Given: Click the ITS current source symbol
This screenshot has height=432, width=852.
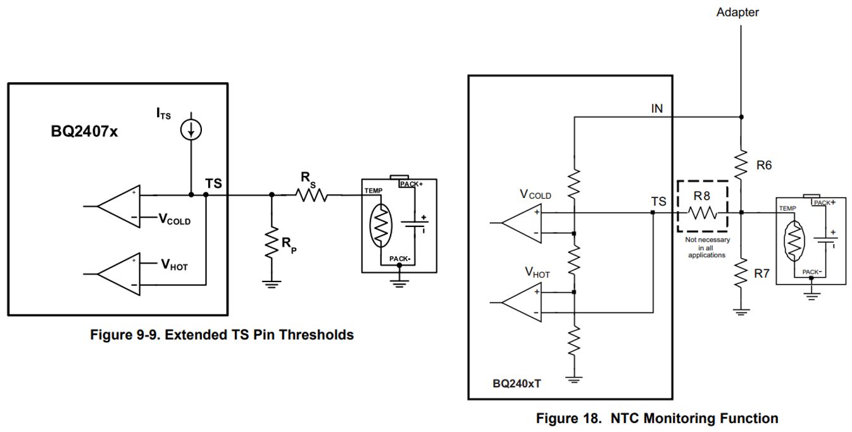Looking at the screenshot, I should point(191,130).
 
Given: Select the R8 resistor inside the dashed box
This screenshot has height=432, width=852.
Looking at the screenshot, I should point(701,213).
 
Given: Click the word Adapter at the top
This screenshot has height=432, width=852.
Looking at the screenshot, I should point(737,12).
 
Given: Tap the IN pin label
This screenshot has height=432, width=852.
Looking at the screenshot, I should point(656,109).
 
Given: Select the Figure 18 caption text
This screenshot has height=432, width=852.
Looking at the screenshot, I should point(657,418).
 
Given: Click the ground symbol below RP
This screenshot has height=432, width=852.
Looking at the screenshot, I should point(272,283).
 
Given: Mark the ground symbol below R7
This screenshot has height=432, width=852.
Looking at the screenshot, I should point(741,311).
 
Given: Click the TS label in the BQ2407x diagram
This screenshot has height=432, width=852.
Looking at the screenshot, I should point(213,182).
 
